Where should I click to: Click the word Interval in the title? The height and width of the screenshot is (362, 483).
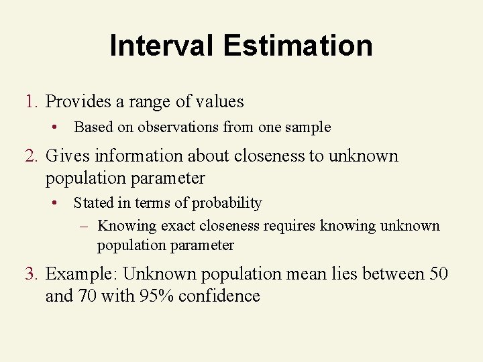pos(162,46)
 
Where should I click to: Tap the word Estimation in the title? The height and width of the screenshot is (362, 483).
pos(298,46)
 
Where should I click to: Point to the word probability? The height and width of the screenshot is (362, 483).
pos(231,203)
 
